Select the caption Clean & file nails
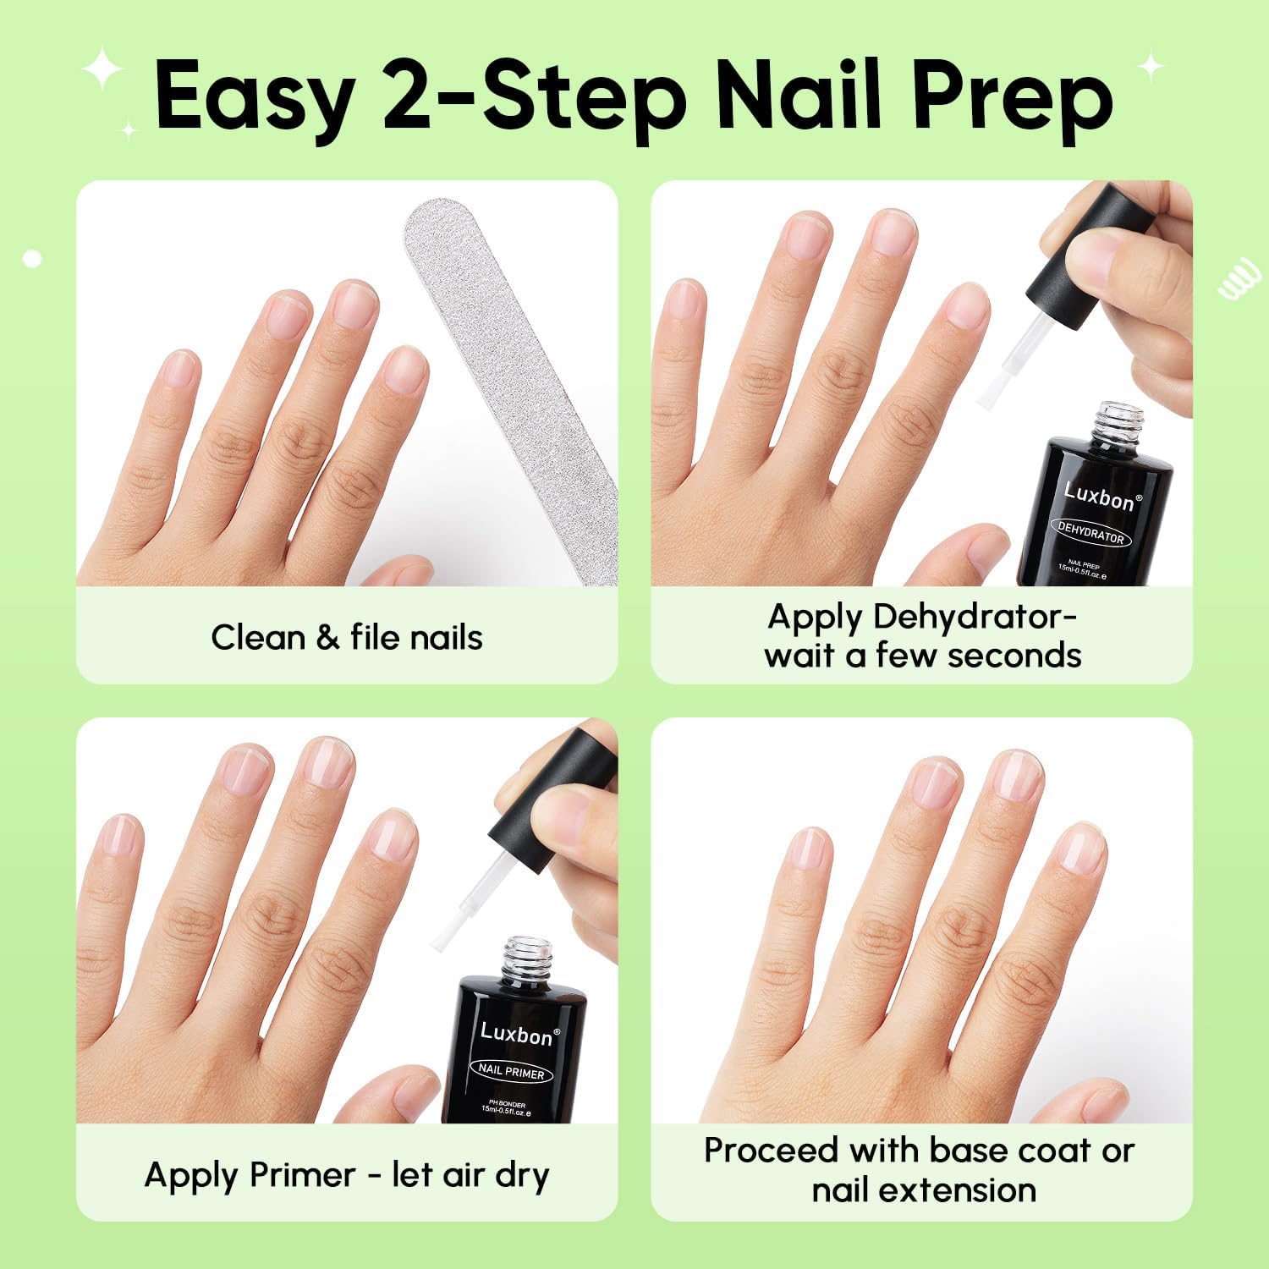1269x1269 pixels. pos(347,638)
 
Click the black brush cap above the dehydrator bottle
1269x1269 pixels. pos(1091,254)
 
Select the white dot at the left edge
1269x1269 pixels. pos(33,259)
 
